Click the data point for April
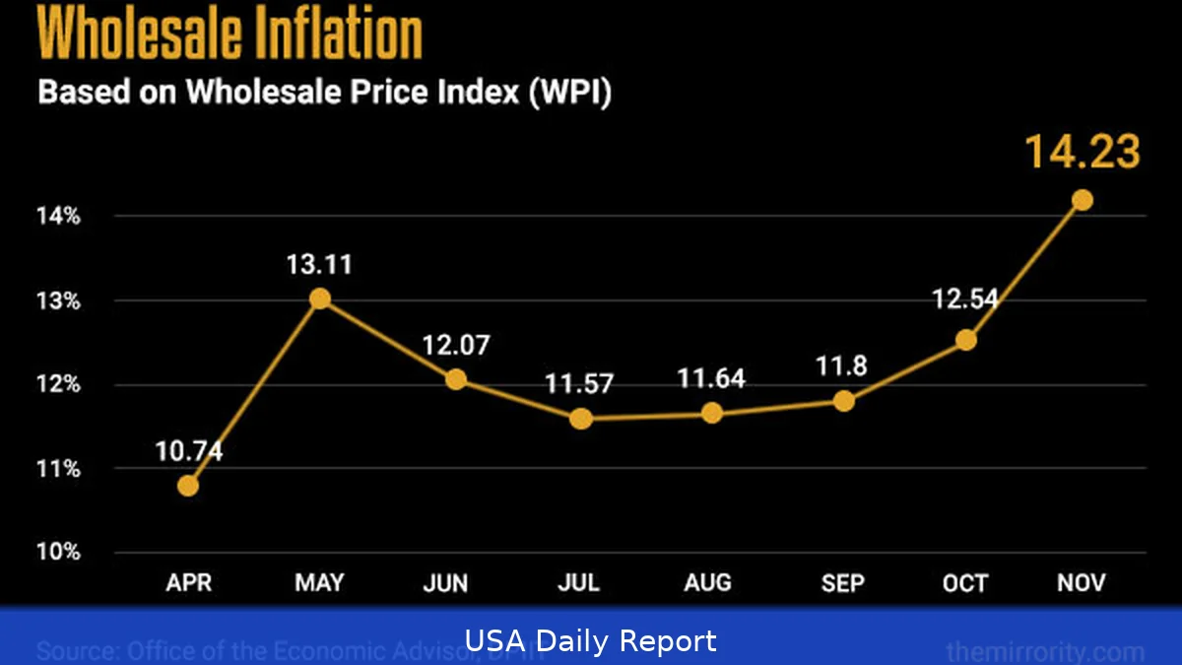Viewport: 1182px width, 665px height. pos(188,486)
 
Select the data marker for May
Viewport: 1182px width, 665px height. pos(319,299)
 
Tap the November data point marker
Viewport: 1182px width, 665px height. pos(1082,200)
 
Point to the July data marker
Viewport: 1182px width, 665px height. pos(580,419)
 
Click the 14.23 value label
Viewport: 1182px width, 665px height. pos(1082,154)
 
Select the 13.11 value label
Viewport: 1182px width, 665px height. pos(319,265)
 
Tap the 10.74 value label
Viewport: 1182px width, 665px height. pos(188,452)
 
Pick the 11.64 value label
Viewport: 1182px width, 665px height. pos(711,378)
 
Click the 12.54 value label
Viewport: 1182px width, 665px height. pos(965,299)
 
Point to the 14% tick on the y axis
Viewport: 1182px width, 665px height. pos(59,216)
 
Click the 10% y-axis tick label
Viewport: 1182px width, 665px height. pos(59,553)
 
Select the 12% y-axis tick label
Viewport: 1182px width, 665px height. pos(59,384)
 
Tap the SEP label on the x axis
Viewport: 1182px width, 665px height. pos(843,583)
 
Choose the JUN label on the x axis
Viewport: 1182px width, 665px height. pos(445,583)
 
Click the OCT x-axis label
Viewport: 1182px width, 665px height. pos(965,583)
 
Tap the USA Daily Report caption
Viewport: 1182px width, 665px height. pos(591,642)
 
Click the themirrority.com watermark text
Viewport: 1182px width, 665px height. pos(1044,651)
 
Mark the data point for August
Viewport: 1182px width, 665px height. pos(711,413)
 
